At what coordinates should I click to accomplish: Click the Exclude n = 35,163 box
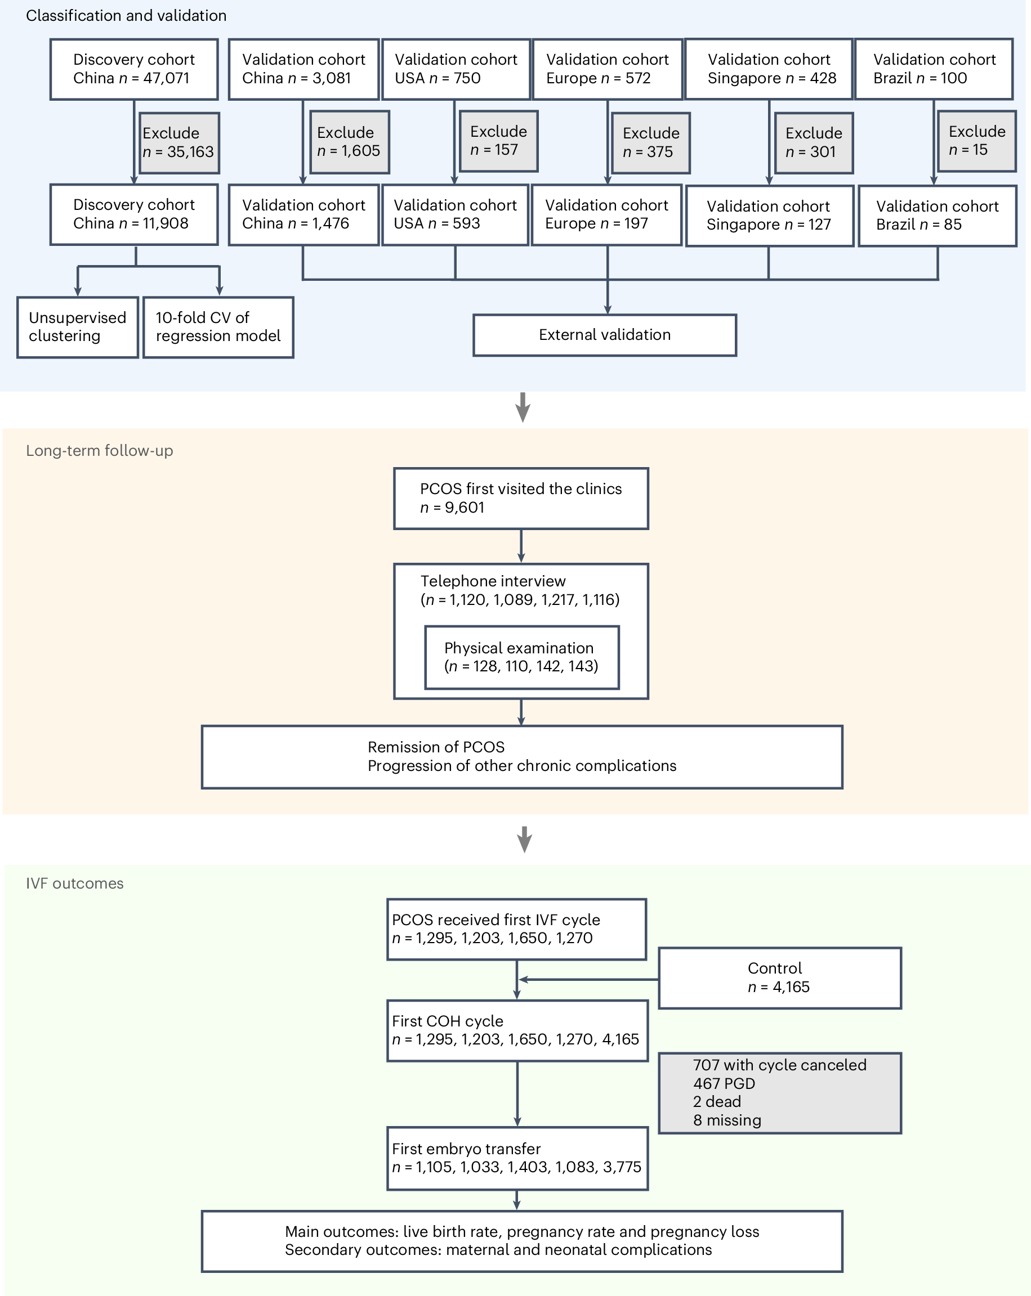[178, 143]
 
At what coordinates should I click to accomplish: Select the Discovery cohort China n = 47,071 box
[133, 69]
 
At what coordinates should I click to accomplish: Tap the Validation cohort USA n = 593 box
[455, 214]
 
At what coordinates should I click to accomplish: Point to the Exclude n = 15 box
[976, 141]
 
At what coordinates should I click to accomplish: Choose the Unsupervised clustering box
[78, 327]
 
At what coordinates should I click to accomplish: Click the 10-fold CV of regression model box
[218, 327]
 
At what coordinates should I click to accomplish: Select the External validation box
[604, 335]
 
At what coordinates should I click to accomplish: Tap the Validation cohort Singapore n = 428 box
[768, 69]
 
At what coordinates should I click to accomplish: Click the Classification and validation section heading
[126, 16]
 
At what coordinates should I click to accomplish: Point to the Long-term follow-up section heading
[99, 450]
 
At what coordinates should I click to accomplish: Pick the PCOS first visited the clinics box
[520, 499]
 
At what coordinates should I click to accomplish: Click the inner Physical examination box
[521, 657]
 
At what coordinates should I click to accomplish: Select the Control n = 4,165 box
[779, 978]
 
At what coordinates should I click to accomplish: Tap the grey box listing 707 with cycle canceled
[779, 1093]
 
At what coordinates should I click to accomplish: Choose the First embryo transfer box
[517, 1158]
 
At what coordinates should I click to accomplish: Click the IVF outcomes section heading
[74, 883]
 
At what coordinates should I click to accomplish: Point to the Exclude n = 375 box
[650, 143]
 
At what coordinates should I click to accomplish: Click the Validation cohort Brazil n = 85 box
[936, 216]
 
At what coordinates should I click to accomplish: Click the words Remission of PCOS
[435, 747]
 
